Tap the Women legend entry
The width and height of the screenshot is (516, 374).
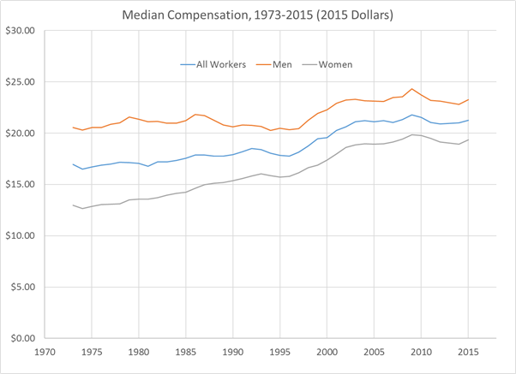(335, 64)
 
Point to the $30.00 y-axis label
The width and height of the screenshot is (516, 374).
(20, 31)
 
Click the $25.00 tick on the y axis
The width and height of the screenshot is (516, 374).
(20, 82)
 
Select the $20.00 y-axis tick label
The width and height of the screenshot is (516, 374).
(20, 134)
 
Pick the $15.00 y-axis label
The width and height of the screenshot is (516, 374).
(20, 185)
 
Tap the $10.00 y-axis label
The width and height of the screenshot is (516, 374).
(20, 236)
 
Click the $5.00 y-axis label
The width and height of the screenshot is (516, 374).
(22, 288)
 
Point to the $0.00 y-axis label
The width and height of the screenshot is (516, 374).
(22, 339)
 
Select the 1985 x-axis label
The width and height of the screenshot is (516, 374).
(185, 352)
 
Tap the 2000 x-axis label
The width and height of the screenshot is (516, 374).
(326, 352)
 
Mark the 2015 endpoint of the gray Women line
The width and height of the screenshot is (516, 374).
(467, 140)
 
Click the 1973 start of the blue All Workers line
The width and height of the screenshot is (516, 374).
(73, 164)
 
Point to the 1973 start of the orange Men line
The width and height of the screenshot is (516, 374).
(73, 128)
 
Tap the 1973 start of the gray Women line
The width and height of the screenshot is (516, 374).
(73, 205)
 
